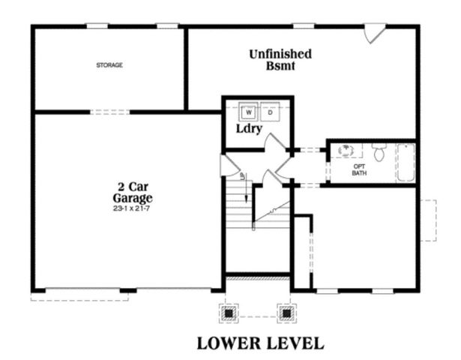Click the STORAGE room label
[109, 65]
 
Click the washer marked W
[248, 112]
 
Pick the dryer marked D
[270, 112]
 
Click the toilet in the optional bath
[379, 153]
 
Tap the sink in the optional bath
[347, 150]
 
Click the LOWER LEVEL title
[260, 343]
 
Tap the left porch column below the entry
[229, 310]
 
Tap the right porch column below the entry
[285, 310]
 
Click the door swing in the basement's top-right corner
[375, 33]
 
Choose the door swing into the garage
[224, 166]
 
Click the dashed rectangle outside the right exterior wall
[427, 220]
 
